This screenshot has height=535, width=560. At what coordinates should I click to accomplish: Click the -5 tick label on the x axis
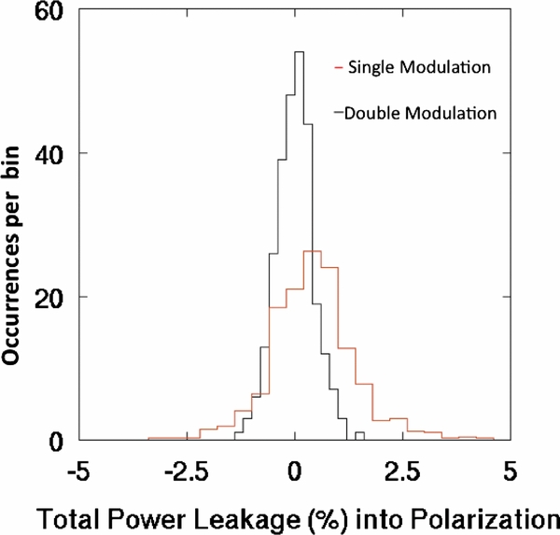(81, 470)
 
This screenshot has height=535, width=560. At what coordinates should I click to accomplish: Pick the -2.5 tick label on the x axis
(187, 470)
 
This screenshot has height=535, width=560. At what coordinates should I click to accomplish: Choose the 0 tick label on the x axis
(295, 470)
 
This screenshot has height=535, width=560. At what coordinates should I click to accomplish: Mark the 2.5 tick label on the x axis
(402, 470)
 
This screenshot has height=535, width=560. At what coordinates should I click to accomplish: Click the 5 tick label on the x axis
(510, 470)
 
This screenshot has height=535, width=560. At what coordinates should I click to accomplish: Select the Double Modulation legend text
(419, 113)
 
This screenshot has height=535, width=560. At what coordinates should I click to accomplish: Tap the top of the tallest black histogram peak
(300, 52)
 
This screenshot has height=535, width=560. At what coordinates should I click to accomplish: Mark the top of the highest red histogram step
(312, 250)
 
